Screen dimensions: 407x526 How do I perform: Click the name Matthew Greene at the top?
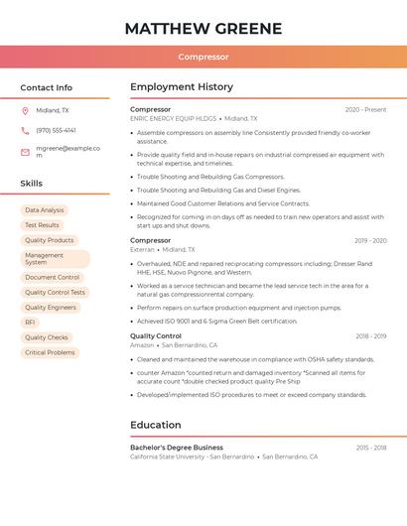[x=203, y=28]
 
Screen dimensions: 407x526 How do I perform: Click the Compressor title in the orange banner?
[x=203, y=57]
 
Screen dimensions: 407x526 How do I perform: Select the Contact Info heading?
[x=46, y=87]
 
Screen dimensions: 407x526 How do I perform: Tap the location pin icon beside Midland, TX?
[x=25, y=111]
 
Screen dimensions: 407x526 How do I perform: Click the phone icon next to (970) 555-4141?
[x=25, y=130]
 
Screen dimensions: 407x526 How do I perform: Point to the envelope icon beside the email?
[x=25, y=150]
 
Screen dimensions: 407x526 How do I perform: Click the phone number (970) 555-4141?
[x=56, y=130]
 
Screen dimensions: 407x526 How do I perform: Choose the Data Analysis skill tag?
[x=44, y=210]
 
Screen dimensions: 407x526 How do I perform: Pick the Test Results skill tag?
[x=42, y=225]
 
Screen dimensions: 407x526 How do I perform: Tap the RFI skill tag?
[x=30, y=323]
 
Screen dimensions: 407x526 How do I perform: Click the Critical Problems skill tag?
[x=50, y=352]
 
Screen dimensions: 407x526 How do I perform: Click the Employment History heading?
[x=182, y=87]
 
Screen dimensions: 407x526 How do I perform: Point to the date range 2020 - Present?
[x=365, y=109]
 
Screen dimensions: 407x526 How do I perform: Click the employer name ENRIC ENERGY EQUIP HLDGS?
[x=173, y=118]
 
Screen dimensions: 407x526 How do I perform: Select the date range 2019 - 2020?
[x=370, y=240]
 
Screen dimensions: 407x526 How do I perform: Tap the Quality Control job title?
[x=156, y=335]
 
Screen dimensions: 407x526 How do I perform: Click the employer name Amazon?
[x=142, y=344]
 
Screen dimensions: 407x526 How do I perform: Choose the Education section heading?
[x=156, y=425]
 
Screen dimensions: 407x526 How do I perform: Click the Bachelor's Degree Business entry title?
[x=177, y=448]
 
